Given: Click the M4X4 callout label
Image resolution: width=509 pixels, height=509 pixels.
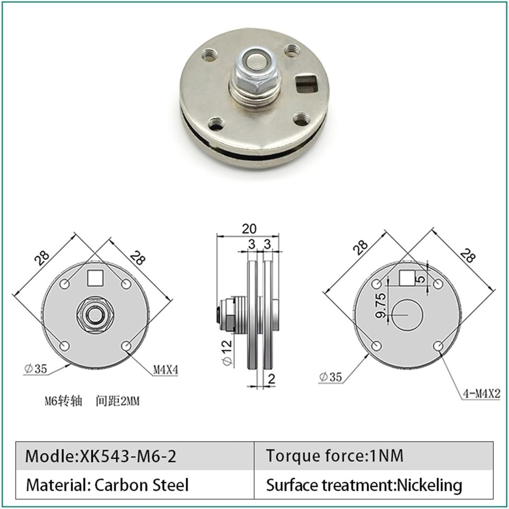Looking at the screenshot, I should pos(166,369).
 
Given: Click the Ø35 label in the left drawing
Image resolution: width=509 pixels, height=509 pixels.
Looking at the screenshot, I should pos(36,368).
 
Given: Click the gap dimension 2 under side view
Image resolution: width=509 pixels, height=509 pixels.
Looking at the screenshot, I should pos(271,379).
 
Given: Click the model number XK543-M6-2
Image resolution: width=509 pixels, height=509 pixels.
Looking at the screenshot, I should pos(128,456).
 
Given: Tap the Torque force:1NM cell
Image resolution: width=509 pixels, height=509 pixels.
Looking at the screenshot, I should pos(334,456).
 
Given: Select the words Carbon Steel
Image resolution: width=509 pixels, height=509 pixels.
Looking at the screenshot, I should pos(141,485).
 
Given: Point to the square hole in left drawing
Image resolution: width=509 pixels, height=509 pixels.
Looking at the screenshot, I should pos(95,278).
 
